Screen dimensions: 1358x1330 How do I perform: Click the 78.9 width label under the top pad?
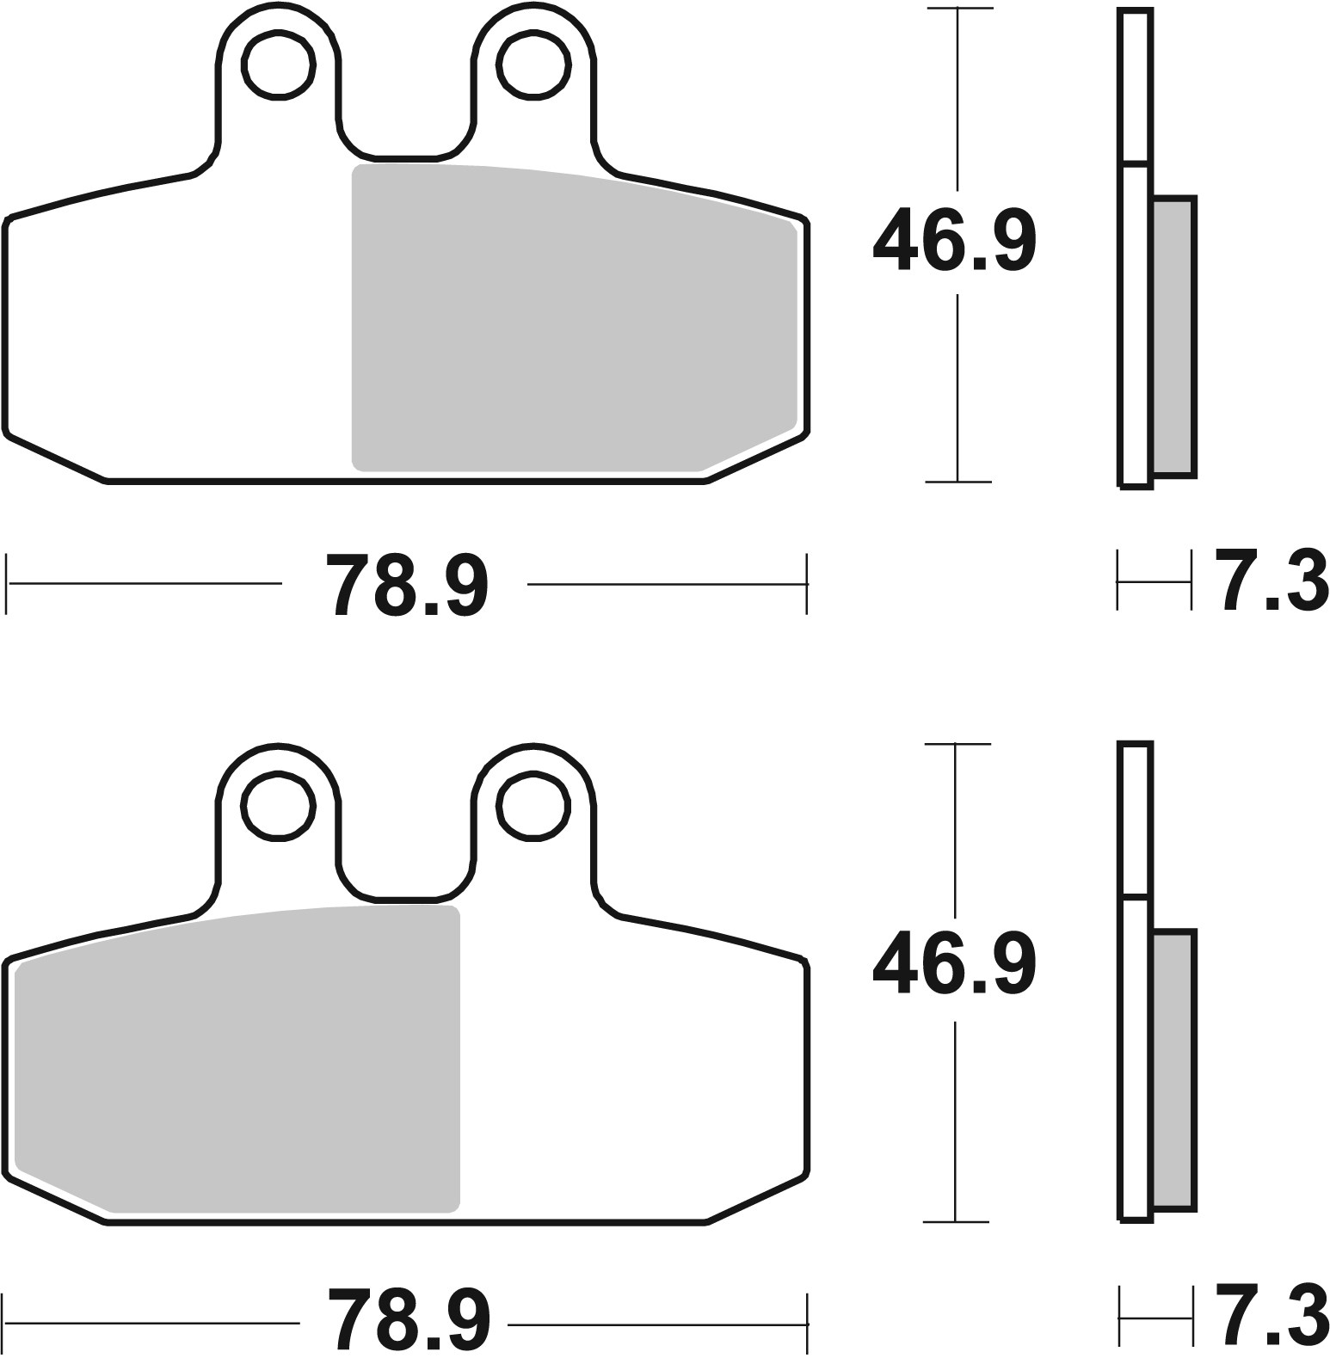407,586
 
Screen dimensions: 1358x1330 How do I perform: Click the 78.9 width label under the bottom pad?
407,1321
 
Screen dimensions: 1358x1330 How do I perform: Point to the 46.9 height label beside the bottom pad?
954,962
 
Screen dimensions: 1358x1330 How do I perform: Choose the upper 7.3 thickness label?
1270,582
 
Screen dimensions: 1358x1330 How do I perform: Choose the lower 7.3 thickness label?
1270,1316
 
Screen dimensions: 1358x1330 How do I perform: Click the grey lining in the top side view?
1173,335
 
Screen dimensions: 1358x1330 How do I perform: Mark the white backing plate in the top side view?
1136,327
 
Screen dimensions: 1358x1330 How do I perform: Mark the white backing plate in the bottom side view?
1136,1058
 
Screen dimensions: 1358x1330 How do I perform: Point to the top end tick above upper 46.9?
958,9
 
